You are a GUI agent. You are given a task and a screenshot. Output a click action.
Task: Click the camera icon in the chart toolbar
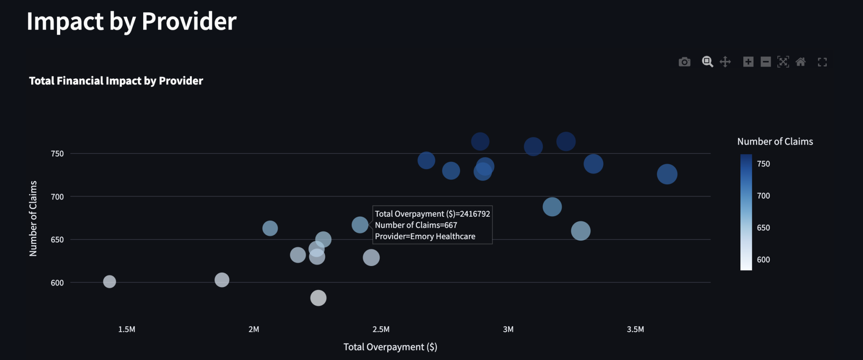tap(684, 62)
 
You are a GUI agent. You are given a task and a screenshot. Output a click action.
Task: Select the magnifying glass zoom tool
tap(707, 62)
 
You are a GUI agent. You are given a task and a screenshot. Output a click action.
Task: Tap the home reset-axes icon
tap(801, 62)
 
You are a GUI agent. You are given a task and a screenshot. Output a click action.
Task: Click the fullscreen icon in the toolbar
tap(822, 62)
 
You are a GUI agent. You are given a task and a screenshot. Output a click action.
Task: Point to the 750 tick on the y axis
tap(57, 154)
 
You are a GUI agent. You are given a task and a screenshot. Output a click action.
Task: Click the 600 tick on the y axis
tap(57, 283)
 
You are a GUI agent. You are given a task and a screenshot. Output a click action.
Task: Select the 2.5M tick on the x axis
tap(381, 329)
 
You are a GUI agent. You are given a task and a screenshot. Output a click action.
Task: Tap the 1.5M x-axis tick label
tap(126, 329)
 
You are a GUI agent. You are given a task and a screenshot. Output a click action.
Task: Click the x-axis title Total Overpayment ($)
tap(390, 347)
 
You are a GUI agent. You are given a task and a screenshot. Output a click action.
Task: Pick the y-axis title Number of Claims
tap(33, 218)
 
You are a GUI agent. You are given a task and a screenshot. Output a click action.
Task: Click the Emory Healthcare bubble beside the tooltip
tap(360, 225)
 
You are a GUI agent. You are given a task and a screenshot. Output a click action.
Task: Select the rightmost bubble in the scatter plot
tap(667, 174)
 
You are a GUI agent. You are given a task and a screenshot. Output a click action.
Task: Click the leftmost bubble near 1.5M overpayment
tap(110, 282)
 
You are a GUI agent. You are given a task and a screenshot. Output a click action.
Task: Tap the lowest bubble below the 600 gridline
tap(318, 298)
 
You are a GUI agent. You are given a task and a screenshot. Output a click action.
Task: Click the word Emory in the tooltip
tap(422, 236)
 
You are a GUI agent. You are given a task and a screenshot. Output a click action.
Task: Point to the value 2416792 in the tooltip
tap(475, 214)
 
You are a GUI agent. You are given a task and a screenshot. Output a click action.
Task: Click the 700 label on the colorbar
tap(763, 196)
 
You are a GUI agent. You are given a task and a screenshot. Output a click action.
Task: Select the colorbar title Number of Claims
tap(775, 142)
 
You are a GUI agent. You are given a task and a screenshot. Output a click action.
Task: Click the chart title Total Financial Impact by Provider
tap(116, 81)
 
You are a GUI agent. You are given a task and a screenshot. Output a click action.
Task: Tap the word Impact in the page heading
tap(65, 21)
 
